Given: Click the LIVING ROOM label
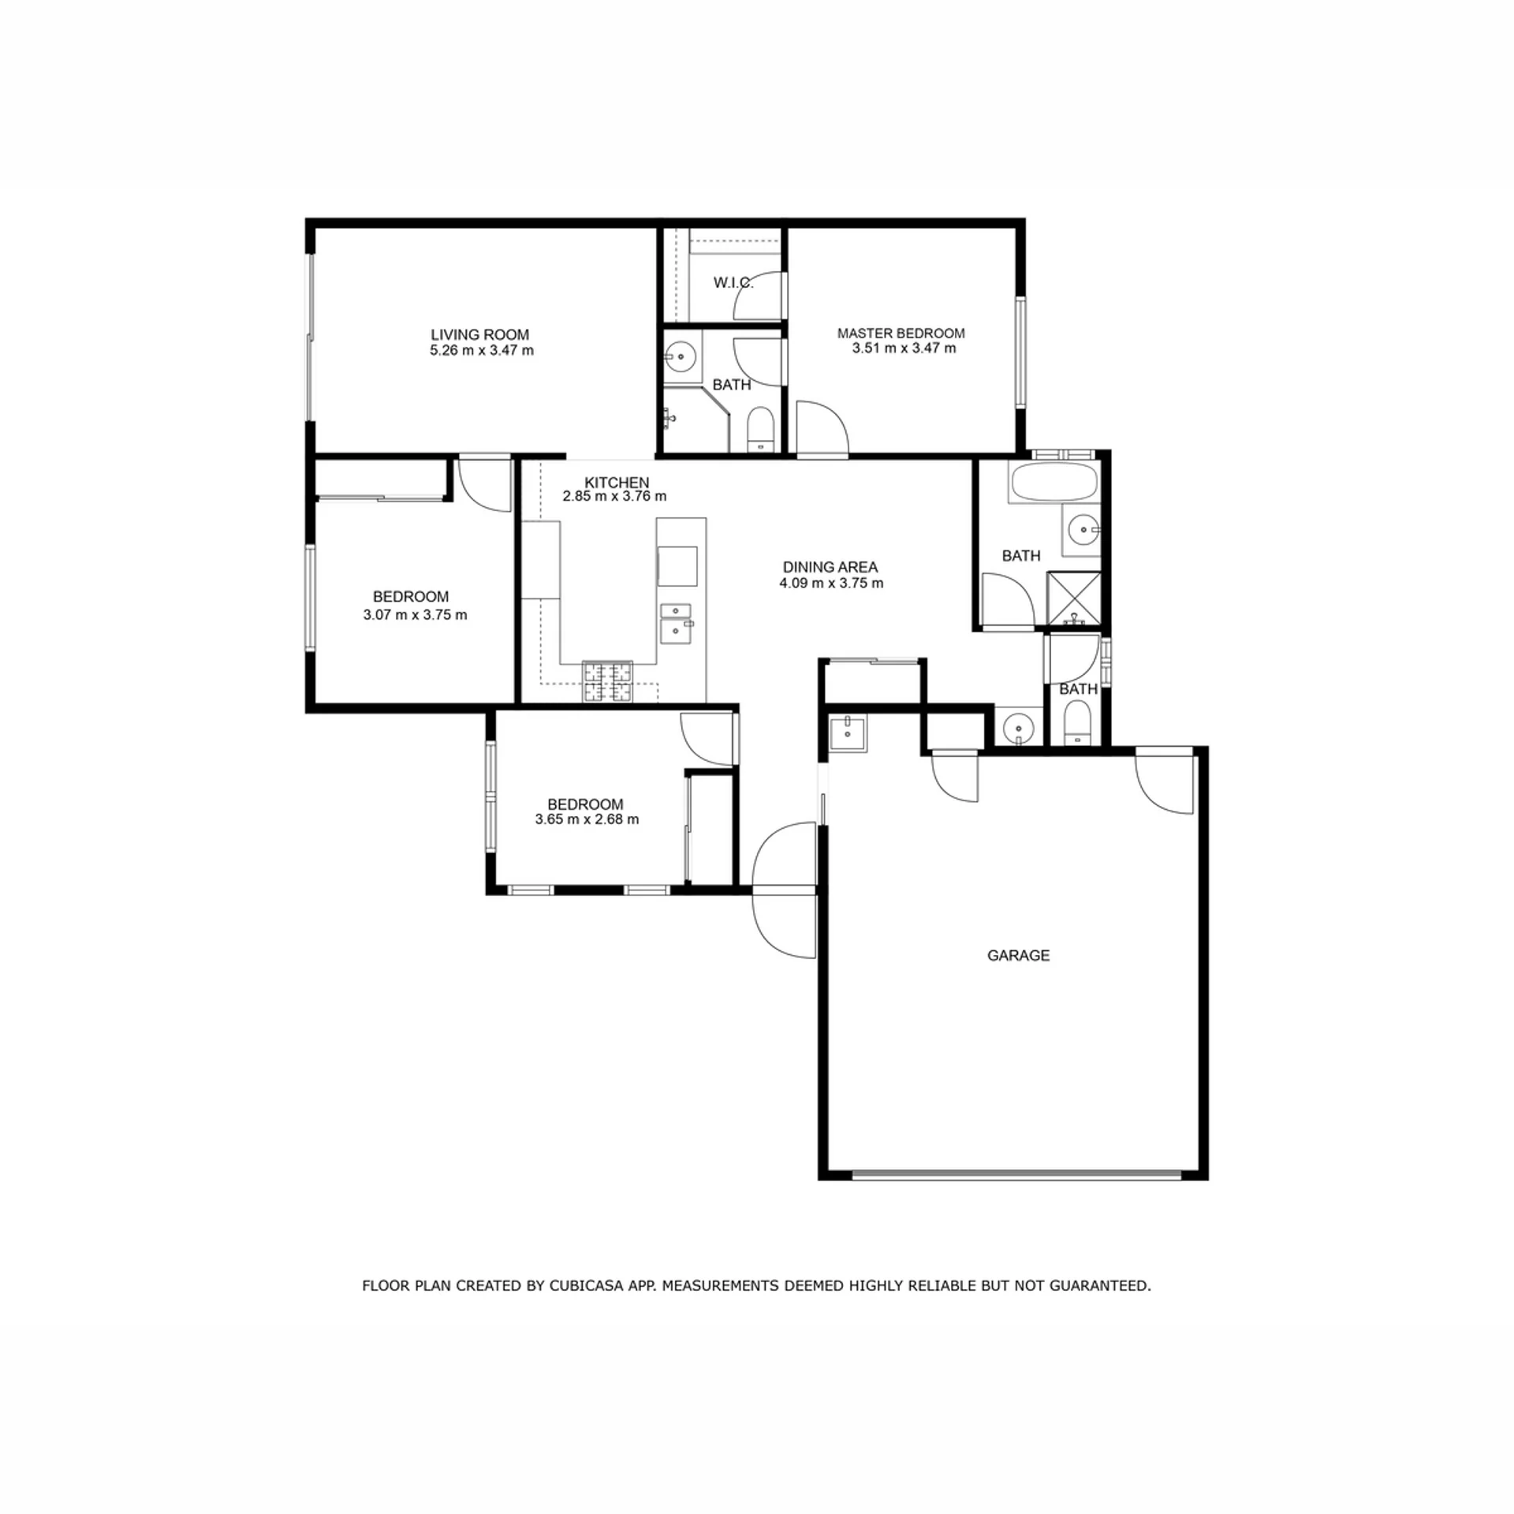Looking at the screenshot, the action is pyautogui.click(x=479, y=335).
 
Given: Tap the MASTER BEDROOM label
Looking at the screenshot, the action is pyautogui.click(x=901, y=334).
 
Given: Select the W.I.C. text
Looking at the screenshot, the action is pyautogui.click(x=733, y=282).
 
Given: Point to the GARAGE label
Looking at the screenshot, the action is pyautogui.click(x=1018, y=956).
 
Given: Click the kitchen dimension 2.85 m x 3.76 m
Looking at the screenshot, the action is pyautogui.click(x=614, y=497).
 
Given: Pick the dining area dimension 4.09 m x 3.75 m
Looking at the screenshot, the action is pyautogui.click(x=831, y=584).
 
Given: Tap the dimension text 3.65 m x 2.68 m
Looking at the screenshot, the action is pyautogui.click(x=587, y=819).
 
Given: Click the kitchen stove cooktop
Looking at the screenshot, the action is pyautogui.click(x=607, y=681).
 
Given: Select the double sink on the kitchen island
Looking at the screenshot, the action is pyautogui.click(x=676, y=623).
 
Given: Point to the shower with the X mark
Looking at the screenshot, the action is pyautogui.click(x=1073, y=599).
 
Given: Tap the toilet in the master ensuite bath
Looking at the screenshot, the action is pyautogui.click(x=761, y=430).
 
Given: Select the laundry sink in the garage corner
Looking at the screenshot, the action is pyautogui.click(x=848, y=733).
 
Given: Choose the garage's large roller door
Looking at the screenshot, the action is pyautogui.click(x=1016, y=1175).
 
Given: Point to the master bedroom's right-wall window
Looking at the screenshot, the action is pyautogui.click(x=1021, y=352).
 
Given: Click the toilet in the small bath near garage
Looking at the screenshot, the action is pyautogui.click(x=1077, y=722).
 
